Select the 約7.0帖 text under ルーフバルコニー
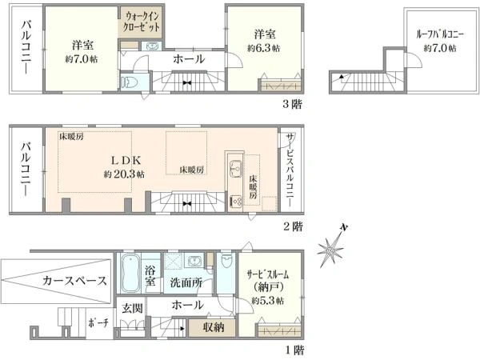pyautogui.click(x=439, y=48)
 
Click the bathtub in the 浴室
pyautogui.click(x=130, y=273)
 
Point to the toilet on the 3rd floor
pyautogui.click(x=129, y=82)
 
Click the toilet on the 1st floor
pyautogui.click(x=227, y=261)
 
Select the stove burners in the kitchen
pyautogui.click(x=236, y=201)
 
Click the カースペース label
pyautogui.click(x=75, y=281)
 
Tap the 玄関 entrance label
pyautogui.click(x=132, y=308)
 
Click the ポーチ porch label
pyautogui.click(x=98, y=322)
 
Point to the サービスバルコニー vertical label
pyautogui.click(x=290, y=170)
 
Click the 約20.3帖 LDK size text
pyautogui.click(x=124, y=174)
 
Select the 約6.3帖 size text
pyautogui.click(x=263, y=48)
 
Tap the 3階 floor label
pyautogui.click(x=292, y=104)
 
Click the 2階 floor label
pyautogui.click(x=293, y=227)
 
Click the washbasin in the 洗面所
pyautogui.click(x=194, y=262)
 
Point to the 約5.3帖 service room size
pyautogui.click(x=267, y=300)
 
